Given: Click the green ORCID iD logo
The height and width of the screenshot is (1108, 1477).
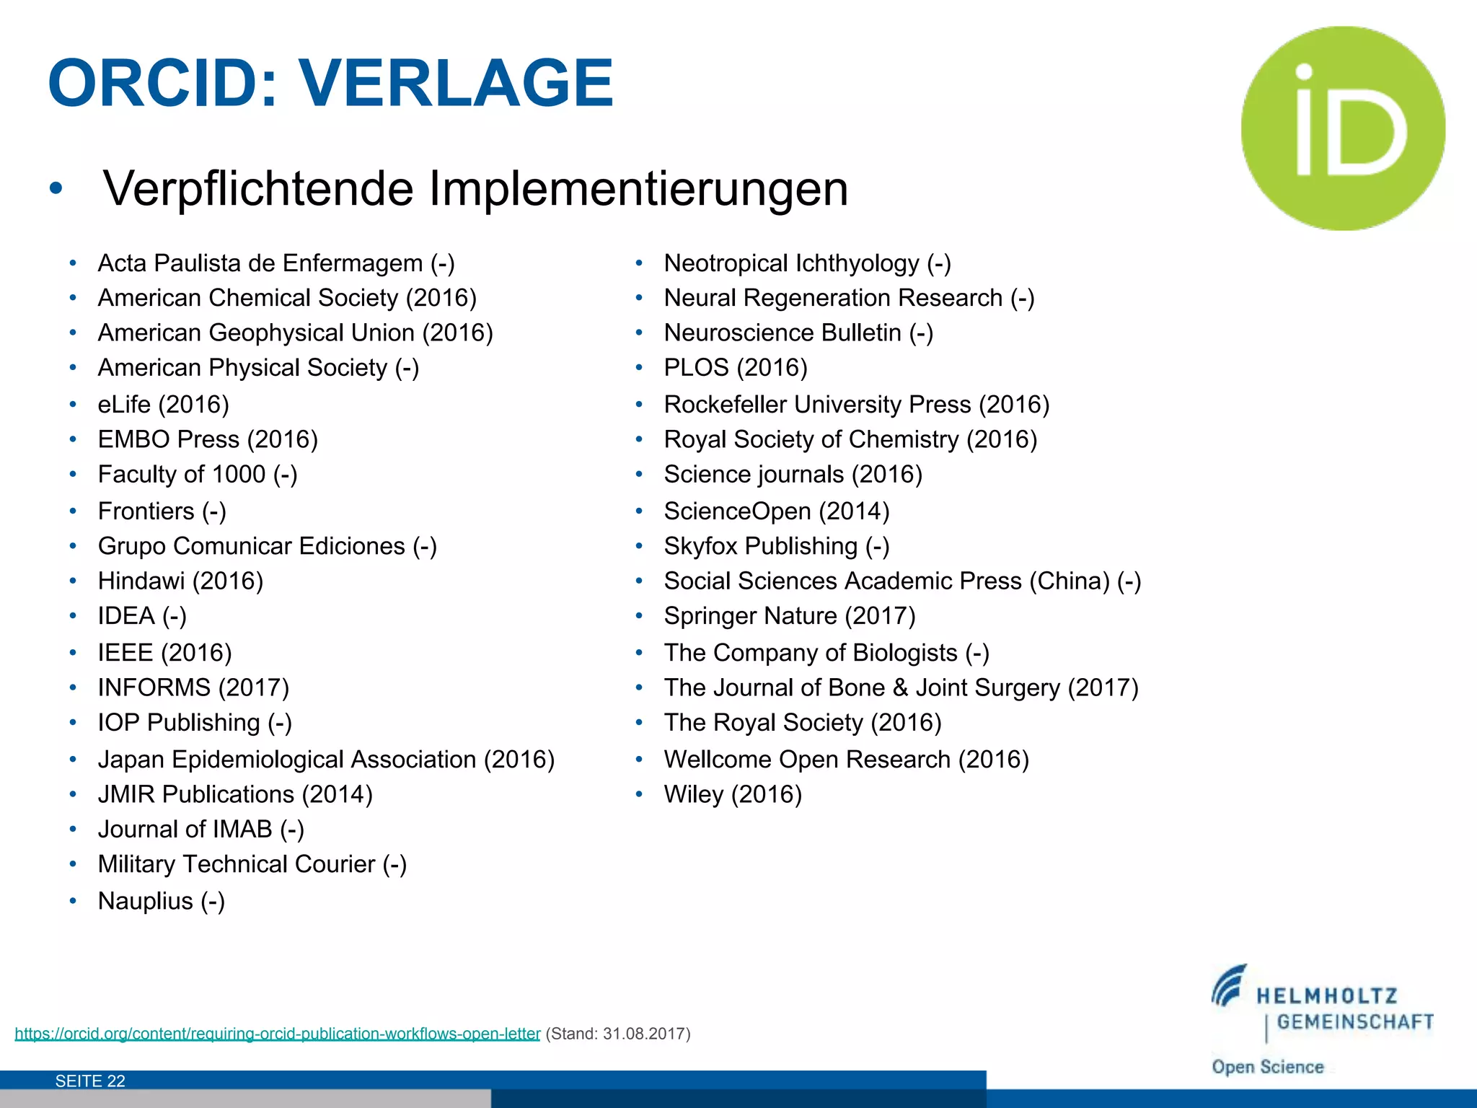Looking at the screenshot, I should pyautogui.click(x=1343, y=128).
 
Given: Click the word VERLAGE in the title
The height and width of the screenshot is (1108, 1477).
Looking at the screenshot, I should pyautogui.click(x=456, y=84).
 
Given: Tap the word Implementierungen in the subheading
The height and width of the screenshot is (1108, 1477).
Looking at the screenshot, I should pyautogui.click(x=638, y=189).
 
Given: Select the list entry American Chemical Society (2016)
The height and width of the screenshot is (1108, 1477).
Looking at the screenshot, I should pyautogui.click(x=287, y=298).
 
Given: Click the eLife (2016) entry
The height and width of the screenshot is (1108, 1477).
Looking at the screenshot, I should pyautogui.click(x=163, y=405).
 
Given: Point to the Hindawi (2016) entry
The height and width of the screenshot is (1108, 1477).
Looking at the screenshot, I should pyautogui.click(x=180, y=581).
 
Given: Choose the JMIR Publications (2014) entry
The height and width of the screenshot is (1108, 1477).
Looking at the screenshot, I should pyautogui.click(x=235, y=795).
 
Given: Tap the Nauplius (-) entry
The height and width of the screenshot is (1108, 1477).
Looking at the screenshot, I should pyautogui.click(x=161, y=902).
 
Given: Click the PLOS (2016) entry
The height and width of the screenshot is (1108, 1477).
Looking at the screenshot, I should pyautogui.click(x=735, y=368).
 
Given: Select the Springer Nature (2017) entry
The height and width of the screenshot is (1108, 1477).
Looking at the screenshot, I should pyautogui.click(x=789, y=616).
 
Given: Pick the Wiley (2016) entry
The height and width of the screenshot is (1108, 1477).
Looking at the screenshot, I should pyautogui.click(x=732, y=795).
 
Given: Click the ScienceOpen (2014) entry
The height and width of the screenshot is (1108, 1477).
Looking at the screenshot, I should pyautogui.click(x=776, y=511).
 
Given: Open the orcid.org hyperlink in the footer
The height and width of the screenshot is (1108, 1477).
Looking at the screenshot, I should pyautogui.click(x=277, y=1034).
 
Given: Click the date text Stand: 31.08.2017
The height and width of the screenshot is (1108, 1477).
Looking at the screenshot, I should pyautogui.click(x=618, y=1034).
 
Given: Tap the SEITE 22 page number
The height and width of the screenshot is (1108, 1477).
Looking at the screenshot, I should pyautogui.click(x=90, y=1081).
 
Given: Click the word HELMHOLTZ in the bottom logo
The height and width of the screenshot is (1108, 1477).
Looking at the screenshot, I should pyautogui.click(x=1326, y=997).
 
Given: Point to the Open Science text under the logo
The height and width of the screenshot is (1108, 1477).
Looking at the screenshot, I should pyautogui.click(x=1267, y=1067).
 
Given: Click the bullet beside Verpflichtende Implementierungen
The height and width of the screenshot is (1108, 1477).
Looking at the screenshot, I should pyautogui.click(x=56, y=189).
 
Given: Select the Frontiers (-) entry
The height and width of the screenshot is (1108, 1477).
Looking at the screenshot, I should pyautogui.click(x=162, y=511).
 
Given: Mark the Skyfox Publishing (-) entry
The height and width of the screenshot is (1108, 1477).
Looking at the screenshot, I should pyautogui.click(x=776, y=547).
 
